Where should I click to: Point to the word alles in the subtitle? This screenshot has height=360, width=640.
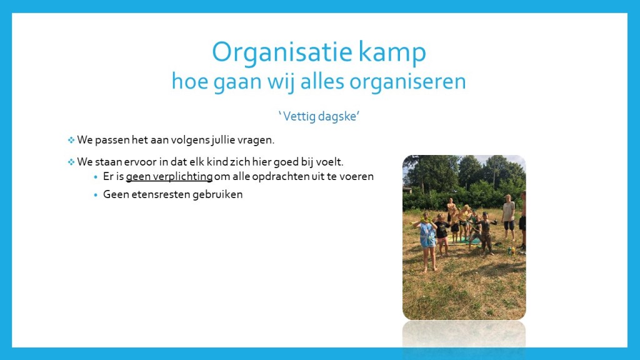(x=322, y=81)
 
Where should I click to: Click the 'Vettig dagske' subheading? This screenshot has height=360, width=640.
(x=319, y=116)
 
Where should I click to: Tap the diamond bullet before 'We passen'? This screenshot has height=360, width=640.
(x=71, y=140)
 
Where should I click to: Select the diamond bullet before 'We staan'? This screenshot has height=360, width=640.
(x=71, y=162)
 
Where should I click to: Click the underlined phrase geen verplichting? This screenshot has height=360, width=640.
(x=169, y=177)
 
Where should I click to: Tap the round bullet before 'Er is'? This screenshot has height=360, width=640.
(x=96, y=177)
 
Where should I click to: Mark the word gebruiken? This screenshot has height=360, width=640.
(x=217, y=194)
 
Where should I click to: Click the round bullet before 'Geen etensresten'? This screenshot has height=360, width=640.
(x=96, y=195)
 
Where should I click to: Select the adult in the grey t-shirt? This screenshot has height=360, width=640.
(x=508, y=217)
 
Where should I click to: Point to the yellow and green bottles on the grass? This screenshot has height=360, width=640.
(x=511, y=251)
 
